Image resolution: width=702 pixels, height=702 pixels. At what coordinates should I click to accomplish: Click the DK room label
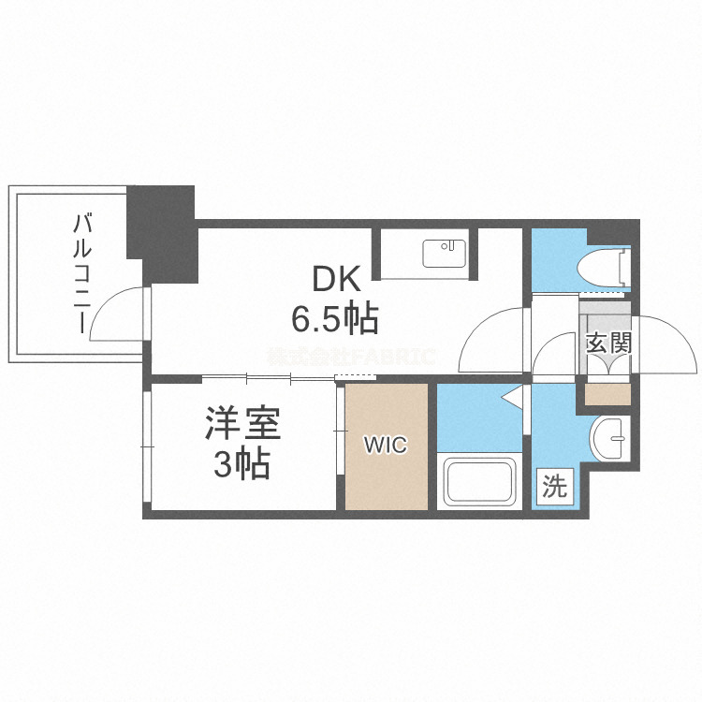335,279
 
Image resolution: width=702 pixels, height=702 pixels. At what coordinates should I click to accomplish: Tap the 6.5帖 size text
335,320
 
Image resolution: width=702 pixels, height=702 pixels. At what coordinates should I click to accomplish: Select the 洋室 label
242,424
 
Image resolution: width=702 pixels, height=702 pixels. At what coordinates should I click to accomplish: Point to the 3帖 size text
242,464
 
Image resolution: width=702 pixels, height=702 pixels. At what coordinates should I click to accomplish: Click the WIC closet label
386,446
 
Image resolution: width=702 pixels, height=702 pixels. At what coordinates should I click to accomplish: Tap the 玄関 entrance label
608,343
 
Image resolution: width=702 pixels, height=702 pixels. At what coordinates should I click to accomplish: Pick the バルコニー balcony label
82,273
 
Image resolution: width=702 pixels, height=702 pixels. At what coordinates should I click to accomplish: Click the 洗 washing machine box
555,488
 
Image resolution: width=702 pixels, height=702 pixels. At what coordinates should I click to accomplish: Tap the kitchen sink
443,253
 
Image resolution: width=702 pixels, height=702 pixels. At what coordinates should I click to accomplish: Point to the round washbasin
612,439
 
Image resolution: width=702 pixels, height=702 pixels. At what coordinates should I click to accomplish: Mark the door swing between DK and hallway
491,337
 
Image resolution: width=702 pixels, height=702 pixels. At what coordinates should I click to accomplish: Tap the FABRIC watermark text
351,357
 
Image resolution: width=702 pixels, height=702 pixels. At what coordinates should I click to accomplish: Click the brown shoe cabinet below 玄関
607,393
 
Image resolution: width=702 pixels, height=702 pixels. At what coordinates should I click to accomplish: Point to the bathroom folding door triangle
513,398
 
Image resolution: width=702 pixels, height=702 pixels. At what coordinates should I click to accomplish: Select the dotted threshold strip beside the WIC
355,377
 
